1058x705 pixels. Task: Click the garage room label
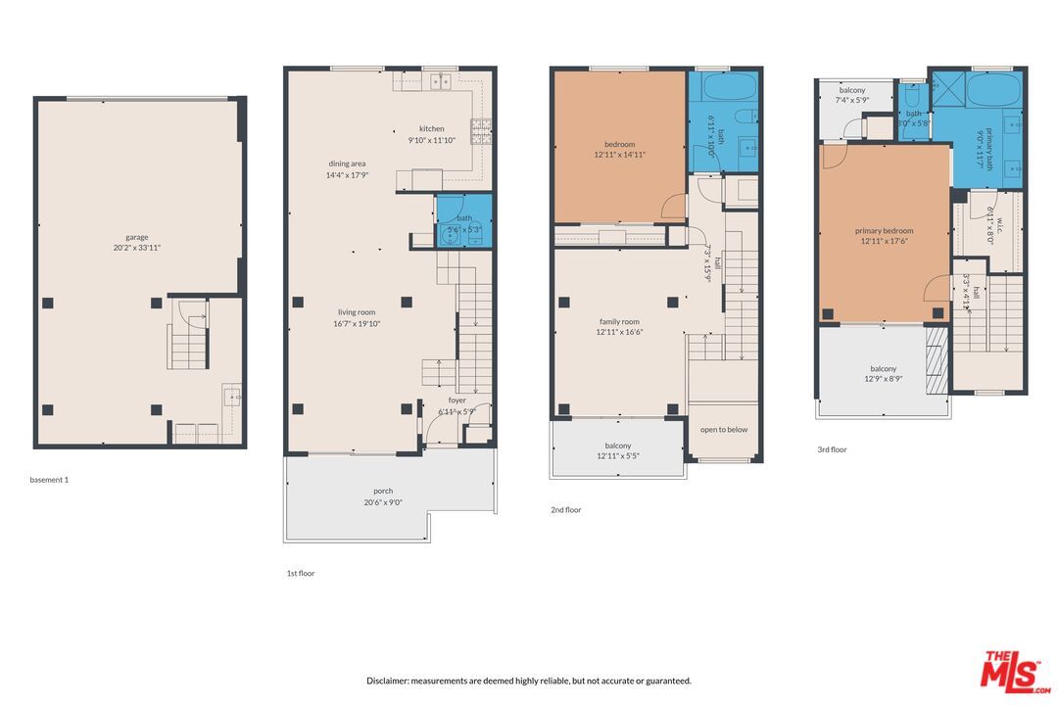pos(136,237)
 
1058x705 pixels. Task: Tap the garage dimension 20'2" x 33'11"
pos(136,248)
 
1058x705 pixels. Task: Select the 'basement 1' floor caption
pos(49,480)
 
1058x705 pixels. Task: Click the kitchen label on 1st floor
pos(431,128)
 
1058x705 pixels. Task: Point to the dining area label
pos(347,164)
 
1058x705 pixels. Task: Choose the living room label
pos(357,312)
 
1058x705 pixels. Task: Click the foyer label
pos(457,399)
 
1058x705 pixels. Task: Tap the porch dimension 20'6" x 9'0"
pos(382,502)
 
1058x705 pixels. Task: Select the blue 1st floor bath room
pos(463,223)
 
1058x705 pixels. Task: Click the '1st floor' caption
pos(300,573)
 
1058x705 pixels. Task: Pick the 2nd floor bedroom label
pos(619,144)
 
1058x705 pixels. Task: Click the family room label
pos(619,321)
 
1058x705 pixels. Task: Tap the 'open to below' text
pos(724,429)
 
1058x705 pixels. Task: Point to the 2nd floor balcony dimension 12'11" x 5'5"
pos(618,455)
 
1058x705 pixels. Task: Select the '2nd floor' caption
pos(565,509)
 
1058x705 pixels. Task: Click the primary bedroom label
pos(884,231)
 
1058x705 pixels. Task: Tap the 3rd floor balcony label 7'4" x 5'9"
pos(851,100)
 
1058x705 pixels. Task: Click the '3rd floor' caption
pos(832,449)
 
